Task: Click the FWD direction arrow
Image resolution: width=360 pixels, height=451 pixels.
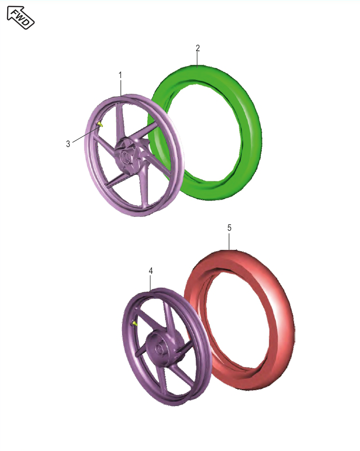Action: coord(21,18)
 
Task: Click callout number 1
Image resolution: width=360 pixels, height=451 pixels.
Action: coord(120,75)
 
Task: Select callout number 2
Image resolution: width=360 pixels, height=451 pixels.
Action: coord(198,48)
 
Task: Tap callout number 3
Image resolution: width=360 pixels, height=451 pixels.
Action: coord(68,144)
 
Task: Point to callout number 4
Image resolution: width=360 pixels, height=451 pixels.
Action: coord(151,271)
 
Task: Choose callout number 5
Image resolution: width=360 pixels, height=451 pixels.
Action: coord(229,228)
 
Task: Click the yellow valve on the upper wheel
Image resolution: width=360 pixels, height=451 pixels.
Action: coord(101,124)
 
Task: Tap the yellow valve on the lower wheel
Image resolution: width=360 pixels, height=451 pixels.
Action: coord(135,324)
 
